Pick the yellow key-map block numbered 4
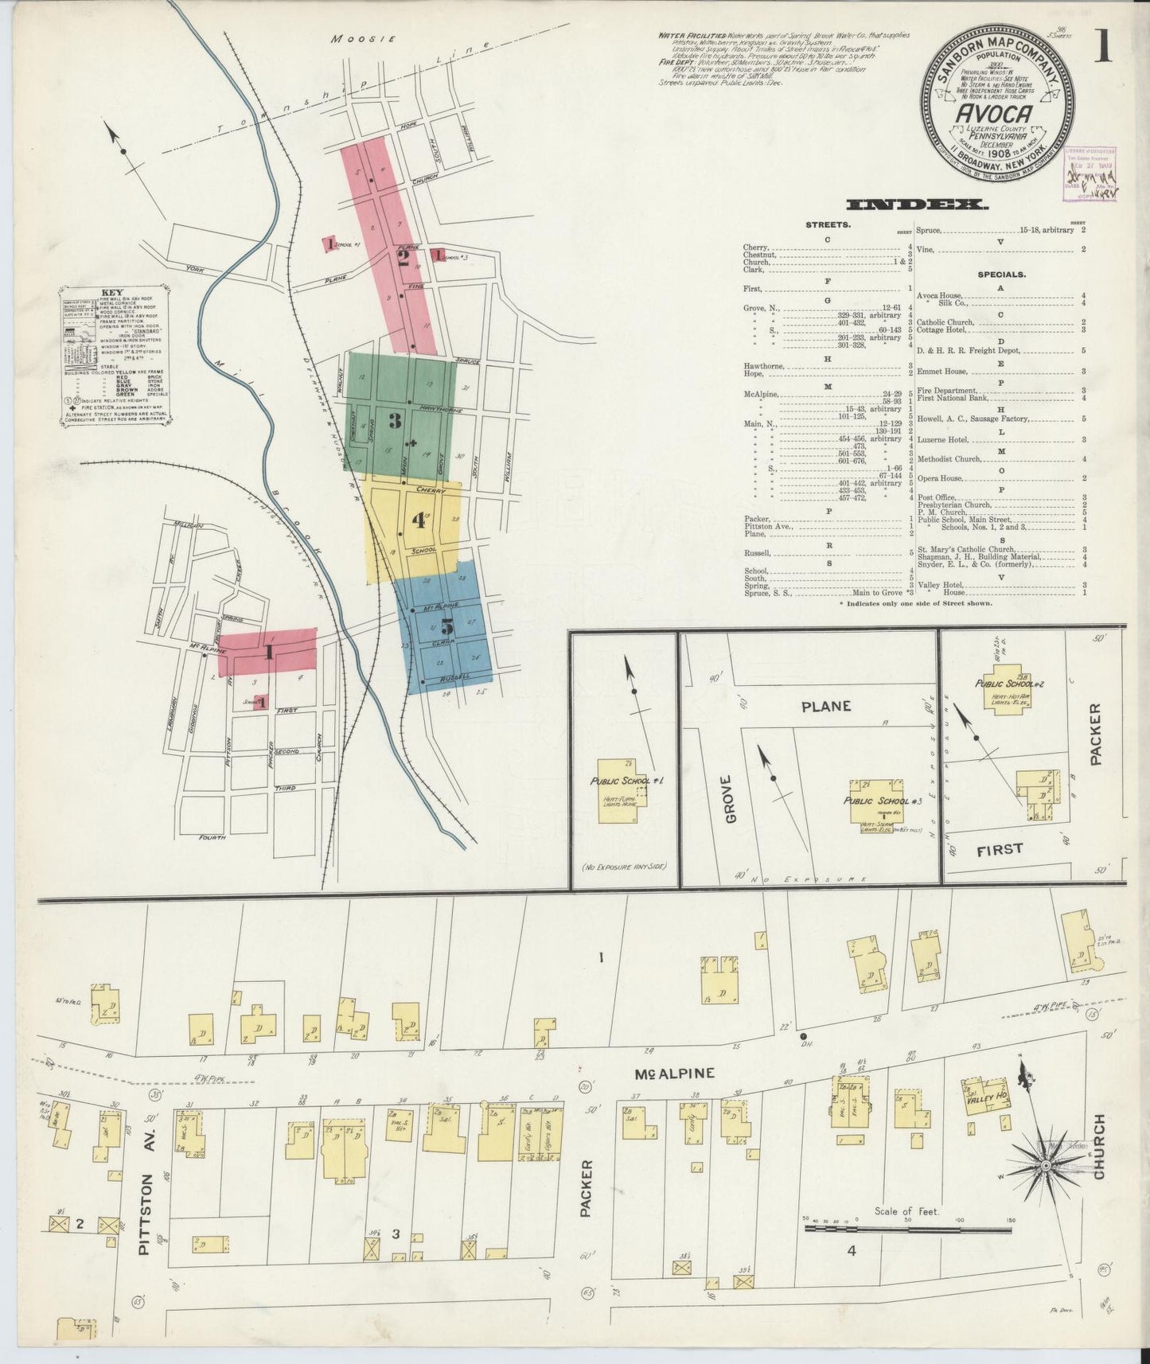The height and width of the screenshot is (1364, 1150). coord(419,521)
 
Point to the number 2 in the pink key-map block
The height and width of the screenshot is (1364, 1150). coord(403,259)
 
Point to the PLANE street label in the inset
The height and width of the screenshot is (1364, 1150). coord(826,705)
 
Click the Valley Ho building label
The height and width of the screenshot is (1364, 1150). coord(996,1095)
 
